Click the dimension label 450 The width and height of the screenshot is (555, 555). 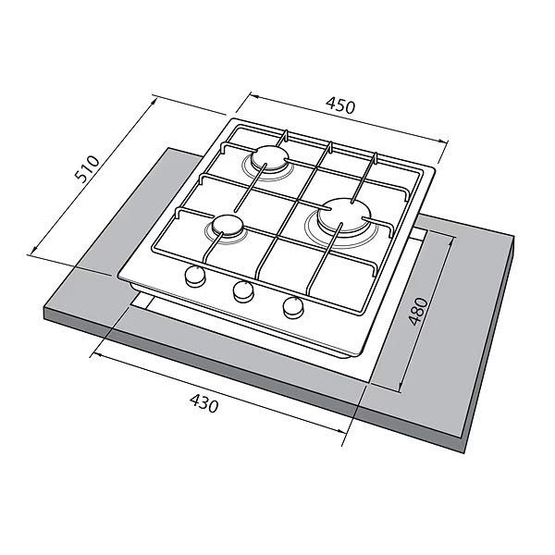coord(339,105)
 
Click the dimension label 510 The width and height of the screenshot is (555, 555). coord(87,169)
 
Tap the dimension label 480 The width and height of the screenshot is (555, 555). coord(418,312)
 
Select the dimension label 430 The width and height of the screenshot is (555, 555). coord(204,402)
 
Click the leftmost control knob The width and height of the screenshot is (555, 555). coord(195,276)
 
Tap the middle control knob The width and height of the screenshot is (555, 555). coord(243,291)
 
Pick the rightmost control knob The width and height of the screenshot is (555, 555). coord(293,307)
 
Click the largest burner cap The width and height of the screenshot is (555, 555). coord(344,216)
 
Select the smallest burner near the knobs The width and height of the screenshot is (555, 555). coord(228,228)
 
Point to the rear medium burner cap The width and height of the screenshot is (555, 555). coord(270,159)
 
